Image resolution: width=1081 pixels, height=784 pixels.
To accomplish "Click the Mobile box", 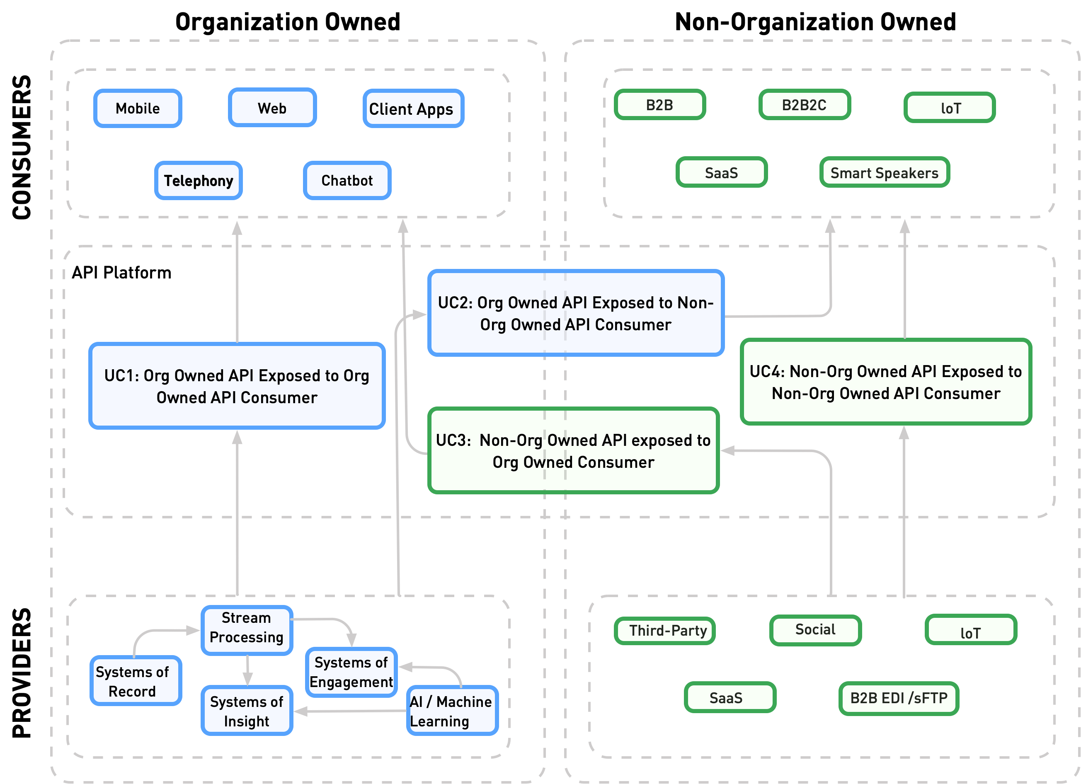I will point(138,108).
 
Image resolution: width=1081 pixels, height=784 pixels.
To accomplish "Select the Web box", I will point(272,108).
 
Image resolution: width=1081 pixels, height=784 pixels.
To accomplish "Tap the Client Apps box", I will point(413,109).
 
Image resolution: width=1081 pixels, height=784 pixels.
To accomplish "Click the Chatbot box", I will point(347,180).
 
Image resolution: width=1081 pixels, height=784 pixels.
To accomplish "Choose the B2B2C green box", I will point(805,105).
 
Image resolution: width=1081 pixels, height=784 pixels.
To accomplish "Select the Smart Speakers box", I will point(885,172).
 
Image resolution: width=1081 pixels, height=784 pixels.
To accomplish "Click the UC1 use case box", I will point(237,386).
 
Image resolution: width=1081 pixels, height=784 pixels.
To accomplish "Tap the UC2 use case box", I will point(576,313).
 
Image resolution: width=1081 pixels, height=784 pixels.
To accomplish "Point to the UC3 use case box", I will point(573,450).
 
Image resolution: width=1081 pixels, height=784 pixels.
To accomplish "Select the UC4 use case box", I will point(886,382).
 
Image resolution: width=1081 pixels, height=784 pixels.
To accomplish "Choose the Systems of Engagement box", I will point(351,672).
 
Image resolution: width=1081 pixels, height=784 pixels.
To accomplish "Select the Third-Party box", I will point(665,631).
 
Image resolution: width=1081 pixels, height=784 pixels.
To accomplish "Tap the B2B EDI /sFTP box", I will point(899,698).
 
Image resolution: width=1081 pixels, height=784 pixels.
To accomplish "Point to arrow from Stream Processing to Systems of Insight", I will point(247,670).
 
